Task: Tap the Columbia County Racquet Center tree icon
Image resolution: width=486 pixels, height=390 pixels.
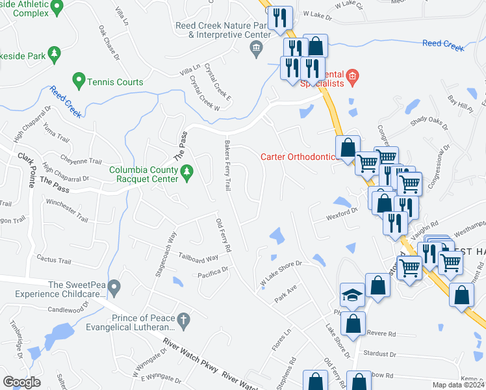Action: point(188,172)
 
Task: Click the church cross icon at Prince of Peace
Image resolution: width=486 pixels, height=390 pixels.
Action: point(183,320)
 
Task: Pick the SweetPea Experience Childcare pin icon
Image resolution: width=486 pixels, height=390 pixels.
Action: point(114,286)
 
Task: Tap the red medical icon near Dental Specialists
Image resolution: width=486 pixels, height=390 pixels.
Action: point(352,77)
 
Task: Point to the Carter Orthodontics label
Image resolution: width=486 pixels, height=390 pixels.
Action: point(299,157)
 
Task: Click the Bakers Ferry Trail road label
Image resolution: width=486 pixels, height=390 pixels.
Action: point(228,166)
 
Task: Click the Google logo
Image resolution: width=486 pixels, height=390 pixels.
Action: point(22,382)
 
